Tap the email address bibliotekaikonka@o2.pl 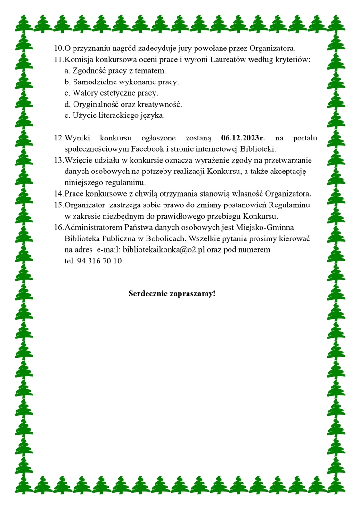[x=163, y=249]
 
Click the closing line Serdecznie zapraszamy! [x=172, y=294]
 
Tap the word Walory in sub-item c [x=84, y=93]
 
